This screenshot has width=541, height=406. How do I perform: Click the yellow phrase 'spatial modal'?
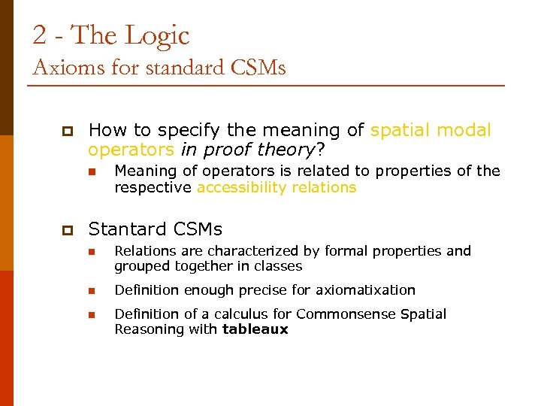pos(431,131)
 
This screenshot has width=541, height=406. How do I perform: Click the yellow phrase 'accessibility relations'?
pos(277,187)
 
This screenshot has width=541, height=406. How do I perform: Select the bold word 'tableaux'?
pos(255,329)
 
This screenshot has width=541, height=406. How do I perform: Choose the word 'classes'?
pos(277,266)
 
